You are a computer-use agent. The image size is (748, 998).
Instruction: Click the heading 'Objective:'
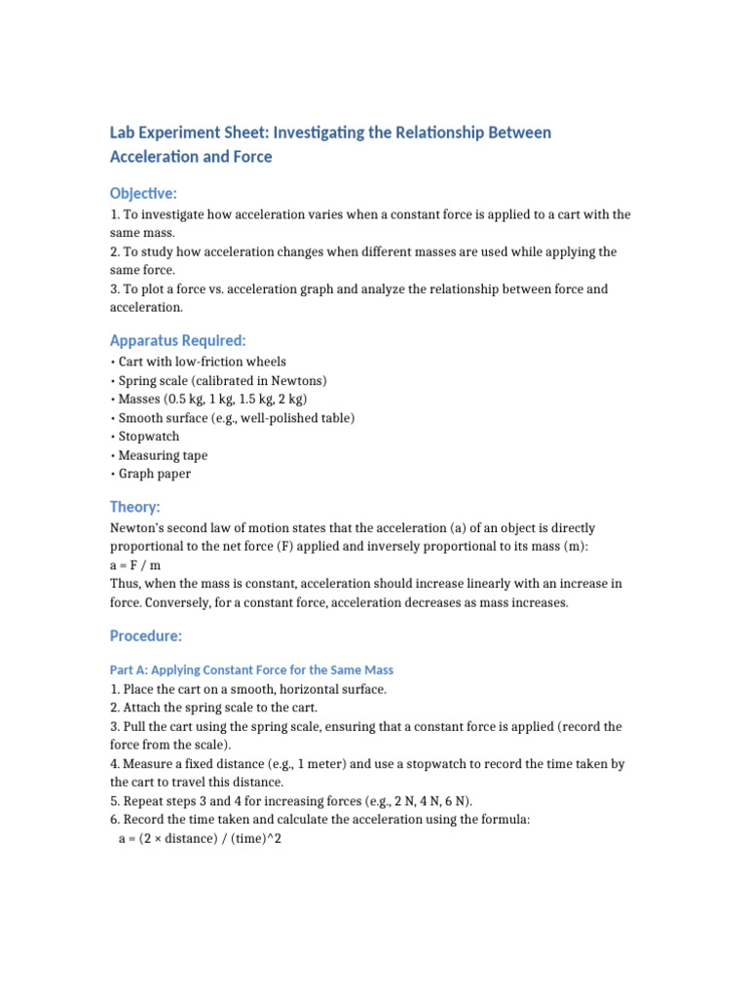(143, 193)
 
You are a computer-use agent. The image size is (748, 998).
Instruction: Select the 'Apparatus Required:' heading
(177, 340)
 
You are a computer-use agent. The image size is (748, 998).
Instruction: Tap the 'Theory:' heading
(134, 507)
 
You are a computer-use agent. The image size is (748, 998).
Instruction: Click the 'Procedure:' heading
(145, 635)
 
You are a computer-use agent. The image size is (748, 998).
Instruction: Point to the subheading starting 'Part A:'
(251, 671)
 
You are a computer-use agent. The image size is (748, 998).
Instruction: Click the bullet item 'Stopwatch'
(148, 437)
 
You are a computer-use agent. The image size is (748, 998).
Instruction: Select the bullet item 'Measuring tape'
(162, 455)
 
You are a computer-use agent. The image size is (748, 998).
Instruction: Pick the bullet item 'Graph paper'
(154, 474)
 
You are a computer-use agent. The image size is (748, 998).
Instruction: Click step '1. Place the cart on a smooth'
(248, 689)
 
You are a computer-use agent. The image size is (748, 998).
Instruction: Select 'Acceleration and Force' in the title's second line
(191, 157)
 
